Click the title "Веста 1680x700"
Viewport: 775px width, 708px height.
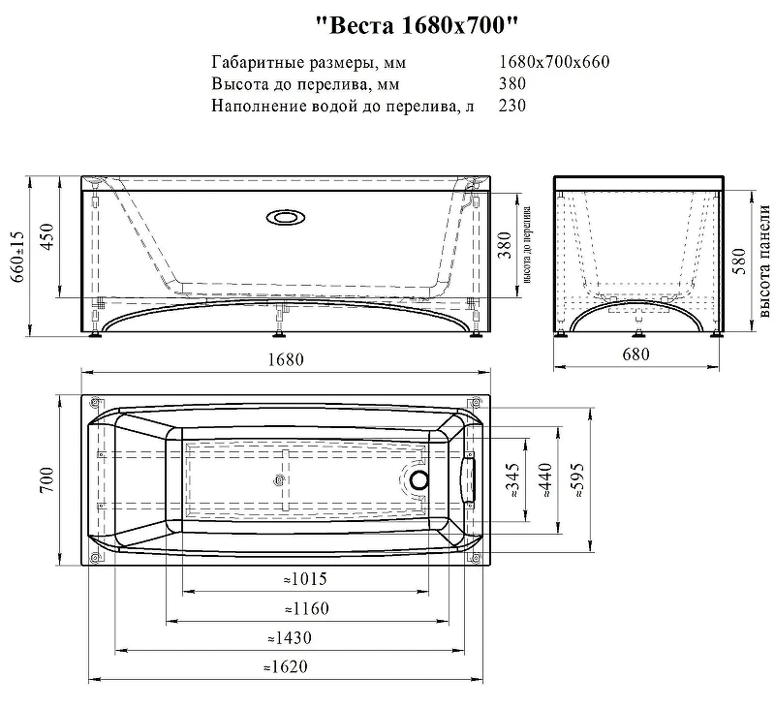pyautogui.click(x=417, y=26)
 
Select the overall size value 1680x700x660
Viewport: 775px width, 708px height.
pyautogui.click(x=554, y=62)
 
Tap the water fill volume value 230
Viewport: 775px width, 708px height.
pyautogui.click(x=512, y=106)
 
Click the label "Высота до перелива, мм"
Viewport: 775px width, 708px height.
pyautogui.click(x=305, y=84)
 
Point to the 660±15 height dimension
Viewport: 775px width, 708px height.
pyautogui.click(x=18, y=256)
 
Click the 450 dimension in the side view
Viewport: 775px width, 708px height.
pyautogui.click(x=46, y=236)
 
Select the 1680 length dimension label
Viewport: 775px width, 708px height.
pyautogui.click(x=286, y=359)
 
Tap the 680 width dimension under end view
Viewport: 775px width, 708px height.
pyautogui.click(x=636, y=354)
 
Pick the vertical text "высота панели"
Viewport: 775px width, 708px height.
pyautogui.click(x=763, y=262)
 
